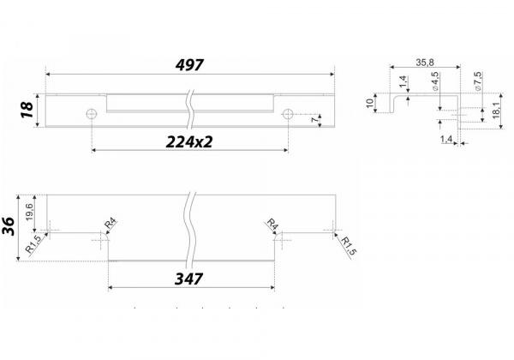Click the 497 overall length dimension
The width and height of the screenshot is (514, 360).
click(x=189, y=65)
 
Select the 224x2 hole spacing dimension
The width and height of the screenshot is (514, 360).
click(x=189, y=142)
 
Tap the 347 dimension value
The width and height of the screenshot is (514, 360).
click(x=188, y=279)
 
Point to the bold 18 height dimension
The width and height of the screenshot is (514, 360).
click(x=27, y=111)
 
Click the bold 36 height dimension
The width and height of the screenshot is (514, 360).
click(x=9, y=226)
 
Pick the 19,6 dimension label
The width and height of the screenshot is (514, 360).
click(x=29, y=212)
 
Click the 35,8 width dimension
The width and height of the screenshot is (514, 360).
click(x=425, y=63)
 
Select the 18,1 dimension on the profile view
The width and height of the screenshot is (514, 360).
click(x=496, y=111)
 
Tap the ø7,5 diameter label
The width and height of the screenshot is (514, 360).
click(x=478, y=81)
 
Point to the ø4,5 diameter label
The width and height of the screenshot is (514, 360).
click(x=436, y=81)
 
